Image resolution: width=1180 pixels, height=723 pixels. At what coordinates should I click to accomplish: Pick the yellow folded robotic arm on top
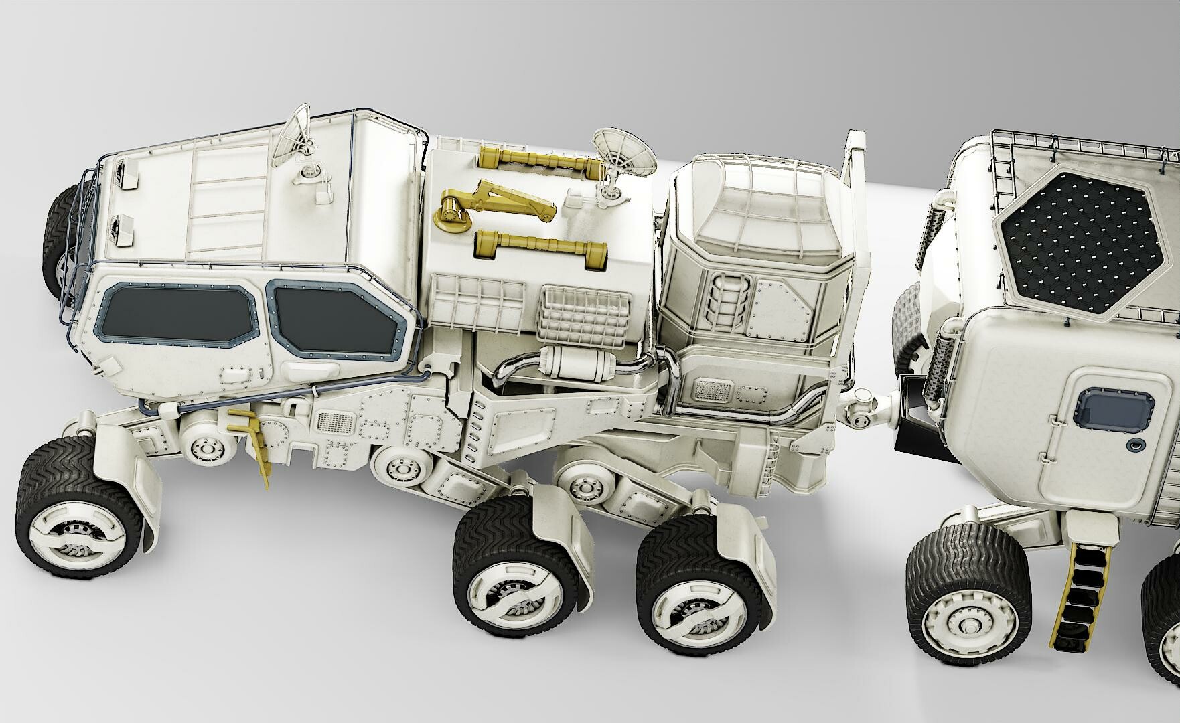[x=496, y=204]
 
